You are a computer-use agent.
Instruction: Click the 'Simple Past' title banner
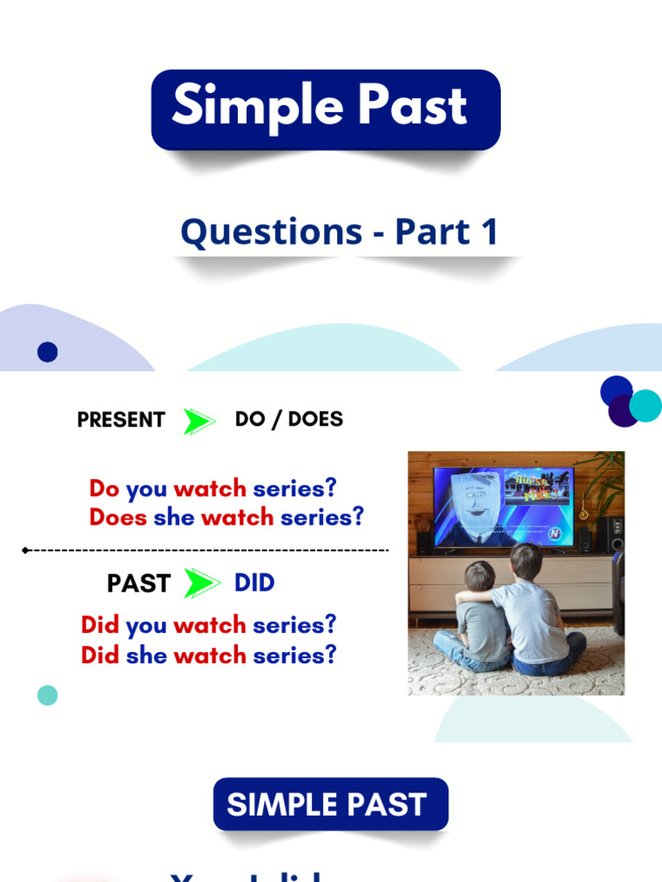(x=326, y=109)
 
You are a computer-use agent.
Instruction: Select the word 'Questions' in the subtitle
(x=271, y=233)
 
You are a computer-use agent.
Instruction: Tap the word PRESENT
(x=121, y=419)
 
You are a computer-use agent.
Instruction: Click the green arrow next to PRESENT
(x=199, y=421)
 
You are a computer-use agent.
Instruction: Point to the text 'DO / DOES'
(x=289, y=419)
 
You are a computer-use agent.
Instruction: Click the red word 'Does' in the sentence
(x=118, y=517)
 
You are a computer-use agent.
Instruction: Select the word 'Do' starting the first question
(x=104, y=488)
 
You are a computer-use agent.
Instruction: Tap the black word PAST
(x=138, y=583)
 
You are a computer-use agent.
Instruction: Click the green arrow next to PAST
(x=202, y=583)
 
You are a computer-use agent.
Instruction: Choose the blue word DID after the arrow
(x=254, y=582)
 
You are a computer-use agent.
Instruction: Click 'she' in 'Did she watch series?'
(x=147, y=655)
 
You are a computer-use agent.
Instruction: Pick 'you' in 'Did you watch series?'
(x=147, y=624)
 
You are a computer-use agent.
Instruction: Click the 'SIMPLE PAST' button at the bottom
(x=331, y=804)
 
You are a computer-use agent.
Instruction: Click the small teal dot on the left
(x=47, y=694)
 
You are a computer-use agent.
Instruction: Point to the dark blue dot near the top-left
(x=47, y=351)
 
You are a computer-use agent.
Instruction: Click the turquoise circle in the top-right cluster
(x=645, y=406)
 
